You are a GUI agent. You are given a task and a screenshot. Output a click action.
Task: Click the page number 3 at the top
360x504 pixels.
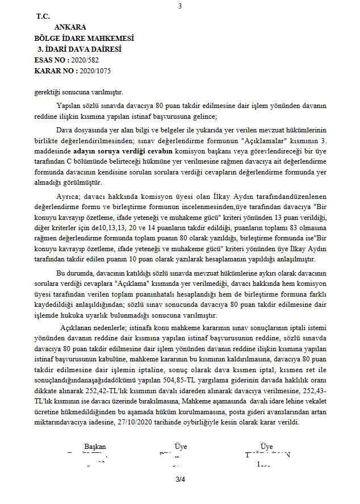[x=180, y=6]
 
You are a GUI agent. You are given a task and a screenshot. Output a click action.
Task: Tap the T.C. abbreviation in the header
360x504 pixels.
[x=43, y=16]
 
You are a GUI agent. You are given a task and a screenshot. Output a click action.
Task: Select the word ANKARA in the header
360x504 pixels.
[x=70, y=27]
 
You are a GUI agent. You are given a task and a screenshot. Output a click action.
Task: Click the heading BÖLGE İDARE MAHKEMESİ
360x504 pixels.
[x=83, y=38]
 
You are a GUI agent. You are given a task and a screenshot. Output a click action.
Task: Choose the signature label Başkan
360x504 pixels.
[x=95, y=447]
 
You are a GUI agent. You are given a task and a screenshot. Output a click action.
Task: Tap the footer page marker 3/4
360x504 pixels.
[x=181, y=480]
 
